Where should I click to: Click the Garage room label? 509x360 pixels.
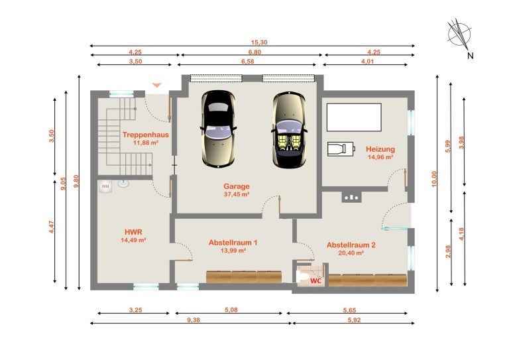pos(237,186)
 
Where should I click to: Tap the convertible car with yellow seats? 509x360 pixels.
pos(288,130)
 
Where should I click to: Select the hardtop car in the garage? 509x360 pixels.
pos(218,129)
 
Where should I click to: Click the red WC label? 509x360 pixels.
pos(315,280)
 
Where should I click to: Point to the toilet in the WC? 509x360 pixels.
pos(302,277)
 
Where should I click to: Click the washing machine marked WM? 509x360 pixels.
pos(105,186)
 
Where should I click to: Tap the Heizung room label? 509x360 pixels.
pos(380,149)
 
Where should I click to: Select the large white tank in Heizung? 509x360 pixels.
pos(354,117)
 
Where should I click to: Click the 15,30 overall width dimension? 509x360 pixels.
pos(259,42)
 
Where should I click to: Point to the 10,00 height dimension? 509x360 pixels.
pos(434,179)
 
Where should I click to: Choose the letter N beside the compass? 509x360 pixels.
pos(471,56)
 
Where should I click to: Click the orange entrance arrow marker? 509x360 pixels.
pos(157,85)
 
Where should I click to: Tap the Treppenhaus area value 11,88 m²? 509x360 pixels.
pos(146,142)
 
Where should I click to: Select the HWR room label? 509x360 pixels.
pos(133,232)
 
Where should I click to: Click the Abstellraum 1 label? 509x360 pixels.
pos(233,243)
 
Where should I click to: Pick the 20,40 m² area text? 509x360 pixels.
pos(351,253)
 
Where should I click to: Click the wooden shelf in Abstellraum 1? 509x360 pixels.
pos(244,277)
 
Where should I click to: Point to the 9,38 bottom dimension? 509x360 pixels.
pos(194,320)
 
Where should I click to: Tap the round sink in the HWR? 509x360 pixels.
pos(123,184)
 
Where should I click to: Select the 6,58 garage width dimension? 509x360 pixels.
pos(247,62)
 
